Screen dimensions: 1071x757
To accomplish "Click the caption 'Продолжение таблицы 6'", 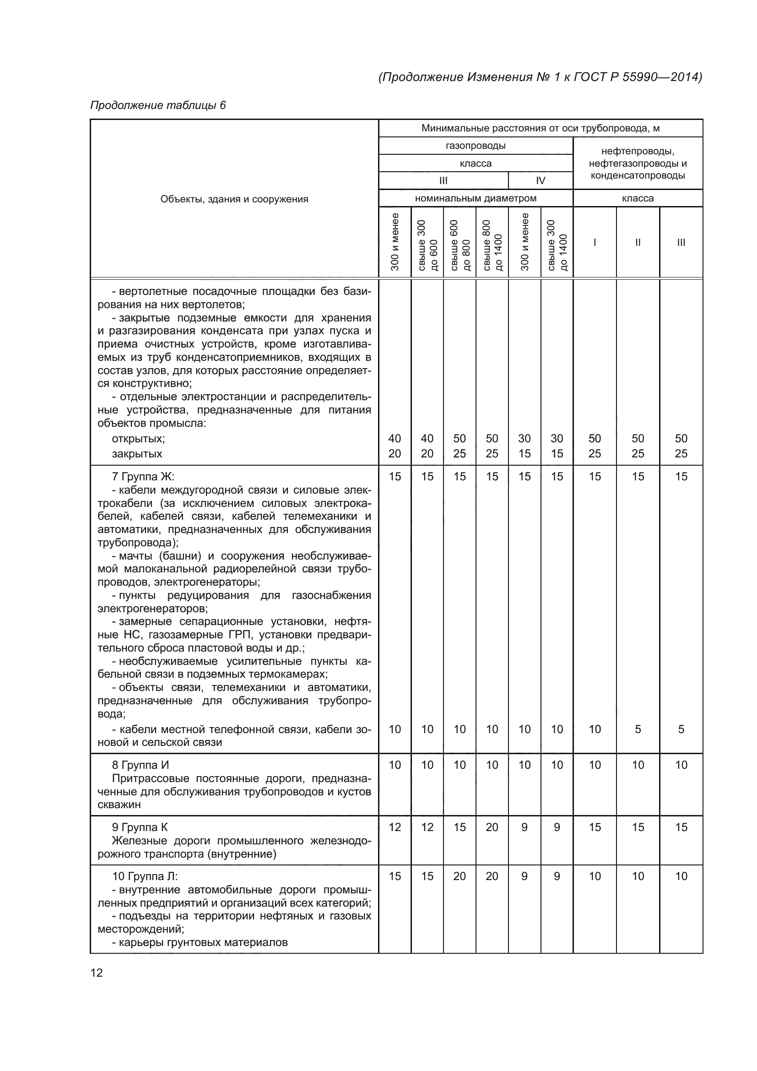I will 157,105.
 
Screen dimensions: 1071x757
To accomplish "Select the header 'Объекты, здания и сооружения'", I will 234,199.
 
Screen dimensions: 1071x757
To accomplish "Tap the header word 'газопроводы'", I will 476,146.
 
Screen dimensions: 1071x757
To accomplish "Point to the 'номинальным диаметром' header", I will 476,198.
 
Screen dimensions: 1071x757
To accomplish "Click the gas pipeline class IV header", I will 540,180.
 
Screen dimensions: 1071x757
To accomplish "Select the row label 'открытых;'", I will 138,439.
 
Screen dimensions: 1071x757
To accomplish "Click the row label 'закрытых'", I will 136,453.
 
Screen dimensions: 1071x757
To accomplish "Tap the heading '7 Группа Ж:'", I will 143,476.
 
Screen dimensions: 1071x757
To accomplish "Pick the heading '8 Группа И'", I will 141,765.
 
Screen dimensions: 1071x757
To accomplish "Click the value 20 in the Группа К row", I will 492,827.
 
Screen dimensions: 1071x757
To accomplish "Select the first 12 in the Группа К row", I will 395,827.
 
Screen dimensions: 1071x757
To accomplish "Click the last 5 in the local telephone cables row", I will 681,729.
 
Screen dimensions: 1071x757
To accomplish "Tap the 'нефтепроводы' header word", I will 637,151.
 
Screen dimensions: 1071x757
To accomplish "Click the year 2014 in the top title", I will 684,77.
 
